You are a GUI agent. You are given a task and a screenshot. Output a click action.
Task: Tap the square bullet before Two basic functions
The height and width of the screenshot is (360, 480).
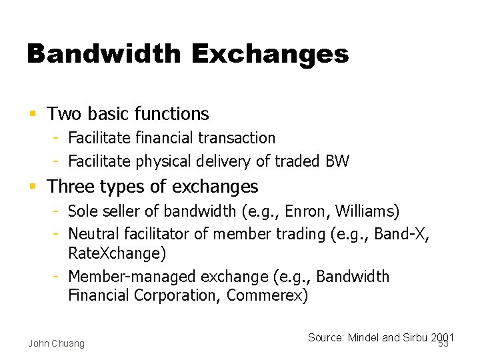pos(33,115)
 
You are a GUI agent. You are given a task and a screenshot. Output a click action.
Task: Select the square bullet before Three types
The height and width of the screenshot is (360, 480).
pos(33,187)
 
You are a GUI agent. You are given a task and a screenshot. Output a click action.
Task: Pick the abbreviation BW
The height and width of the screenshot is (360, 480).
pos(337,161)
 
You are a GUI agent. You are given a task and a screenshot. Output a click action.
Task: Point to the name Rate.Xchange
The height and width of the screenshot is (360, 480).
pos(117,253)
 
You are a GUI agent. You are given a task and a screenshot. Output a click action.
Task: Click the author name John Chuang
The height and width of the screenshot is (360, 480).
pos(56,343)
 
